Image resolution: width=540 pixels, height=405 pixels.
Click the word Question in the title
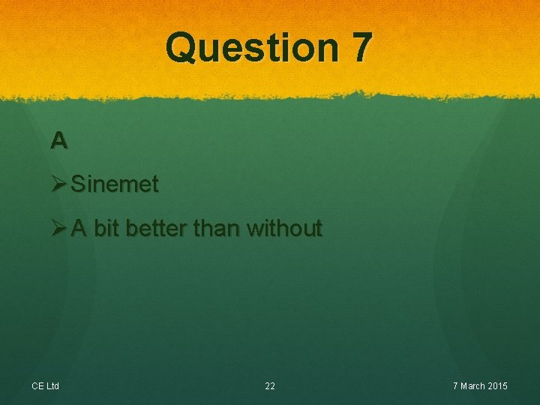(x=252, y=47)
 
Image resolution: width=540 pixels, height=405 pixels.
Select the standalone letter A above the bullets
(x=59, y=139)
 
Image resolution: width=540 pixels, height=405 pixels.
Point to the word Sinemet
(x=115, y=184)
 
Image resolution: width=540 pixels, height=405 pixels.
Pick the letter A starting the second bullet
(x=79, y=228)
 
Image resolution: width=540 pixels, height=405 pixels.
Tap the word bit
(x=107, y=228)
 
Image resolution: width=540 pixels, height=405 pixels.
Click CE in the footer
(x=37, y=386)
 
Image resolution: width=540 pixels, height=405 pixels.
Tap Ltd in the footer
(x=52, y=386)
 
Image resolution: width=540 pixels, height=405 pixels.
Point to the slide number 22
(x=270, y=386)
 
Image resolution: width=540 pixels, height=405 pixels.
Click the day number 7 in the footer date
(x=454, y=386)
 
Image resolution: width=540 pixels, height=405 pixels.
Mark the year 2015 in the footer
(x=498, y=386)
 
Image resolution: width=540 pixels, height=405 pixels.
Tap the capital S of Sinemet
(x=77, y=184)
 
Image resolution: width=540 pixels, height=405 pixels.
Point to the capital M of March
(x=463, y=386)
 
